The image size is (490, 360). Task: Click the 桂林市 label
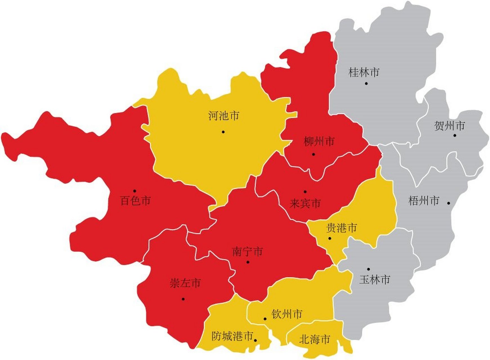coord(364,72)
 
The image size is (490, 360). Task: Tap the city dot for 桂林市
coord(366,83)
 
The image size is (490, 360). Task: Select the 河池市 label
coord(224,116)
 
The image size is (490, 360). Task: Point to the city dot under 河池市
coord(223,132)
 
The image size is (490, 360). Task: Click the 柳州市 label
coord(319,141)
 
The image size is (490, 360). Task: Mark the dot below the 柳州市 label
coord(314,154)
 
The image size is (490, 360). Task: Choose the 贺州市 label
coord(449,125)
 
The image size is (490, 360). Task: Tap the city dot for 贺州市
coord(455,135)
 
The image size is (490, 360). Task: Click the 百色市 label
coord(135,201)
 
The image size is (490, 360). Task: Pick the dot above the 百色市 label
coord(135,191)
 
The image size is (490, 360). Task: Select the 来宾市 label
coord(305,203)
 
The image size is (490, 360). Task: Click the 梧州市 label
coord(424,201)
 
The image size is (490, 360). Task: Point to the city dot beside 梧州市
coord(449,203)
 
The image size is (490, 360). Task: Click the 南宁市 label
coord(247,251)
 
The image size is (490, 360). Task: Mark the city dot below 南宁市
coord(248,262)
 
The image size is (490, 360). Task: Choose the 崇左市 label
coord(185,283)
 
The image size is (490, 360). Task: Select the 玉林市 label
coord(375,280)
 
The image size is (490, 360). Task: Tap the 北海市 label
coord(314,339)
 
